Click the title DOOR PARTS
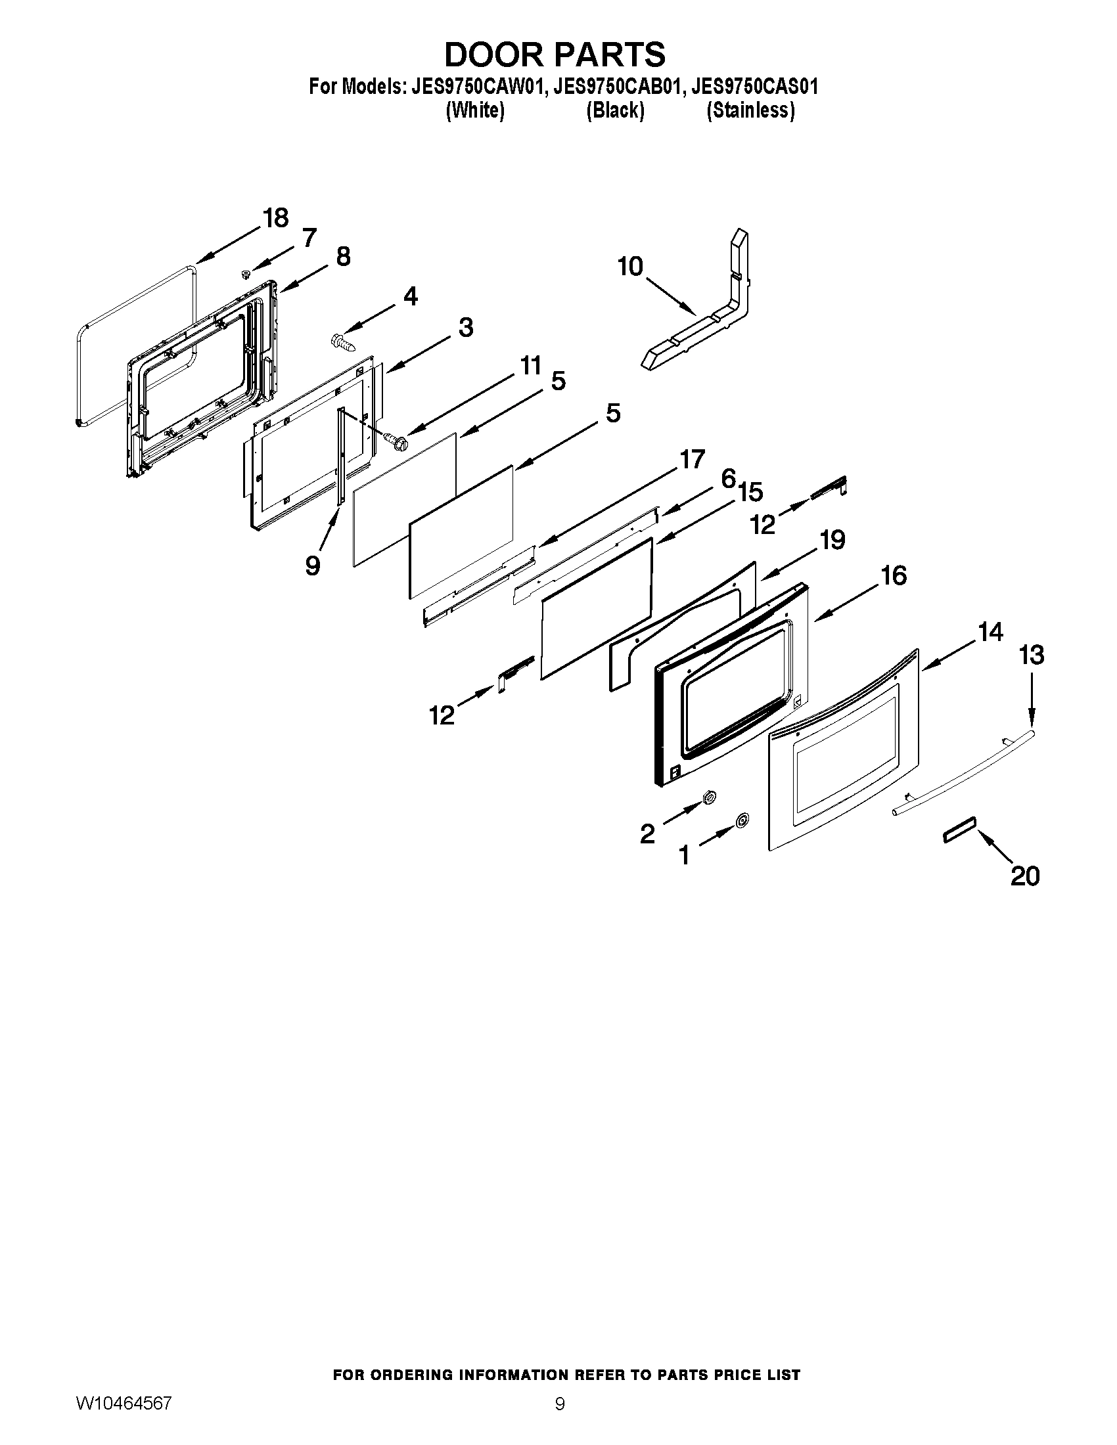click(x=555, y=55)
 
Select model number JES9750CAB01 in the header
click(x=617, y=87)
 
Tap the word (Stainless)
click(x=750, y=110)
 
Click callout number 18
click(x=275, y=217)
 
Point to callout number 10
click(x=630, y=267)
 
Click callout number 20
click(x=1025, y=876)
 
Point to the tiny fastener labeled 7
click(x=246, y=273)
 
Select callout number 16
click(x=894, y=575)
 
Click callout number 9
click(x=313, y=566)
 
